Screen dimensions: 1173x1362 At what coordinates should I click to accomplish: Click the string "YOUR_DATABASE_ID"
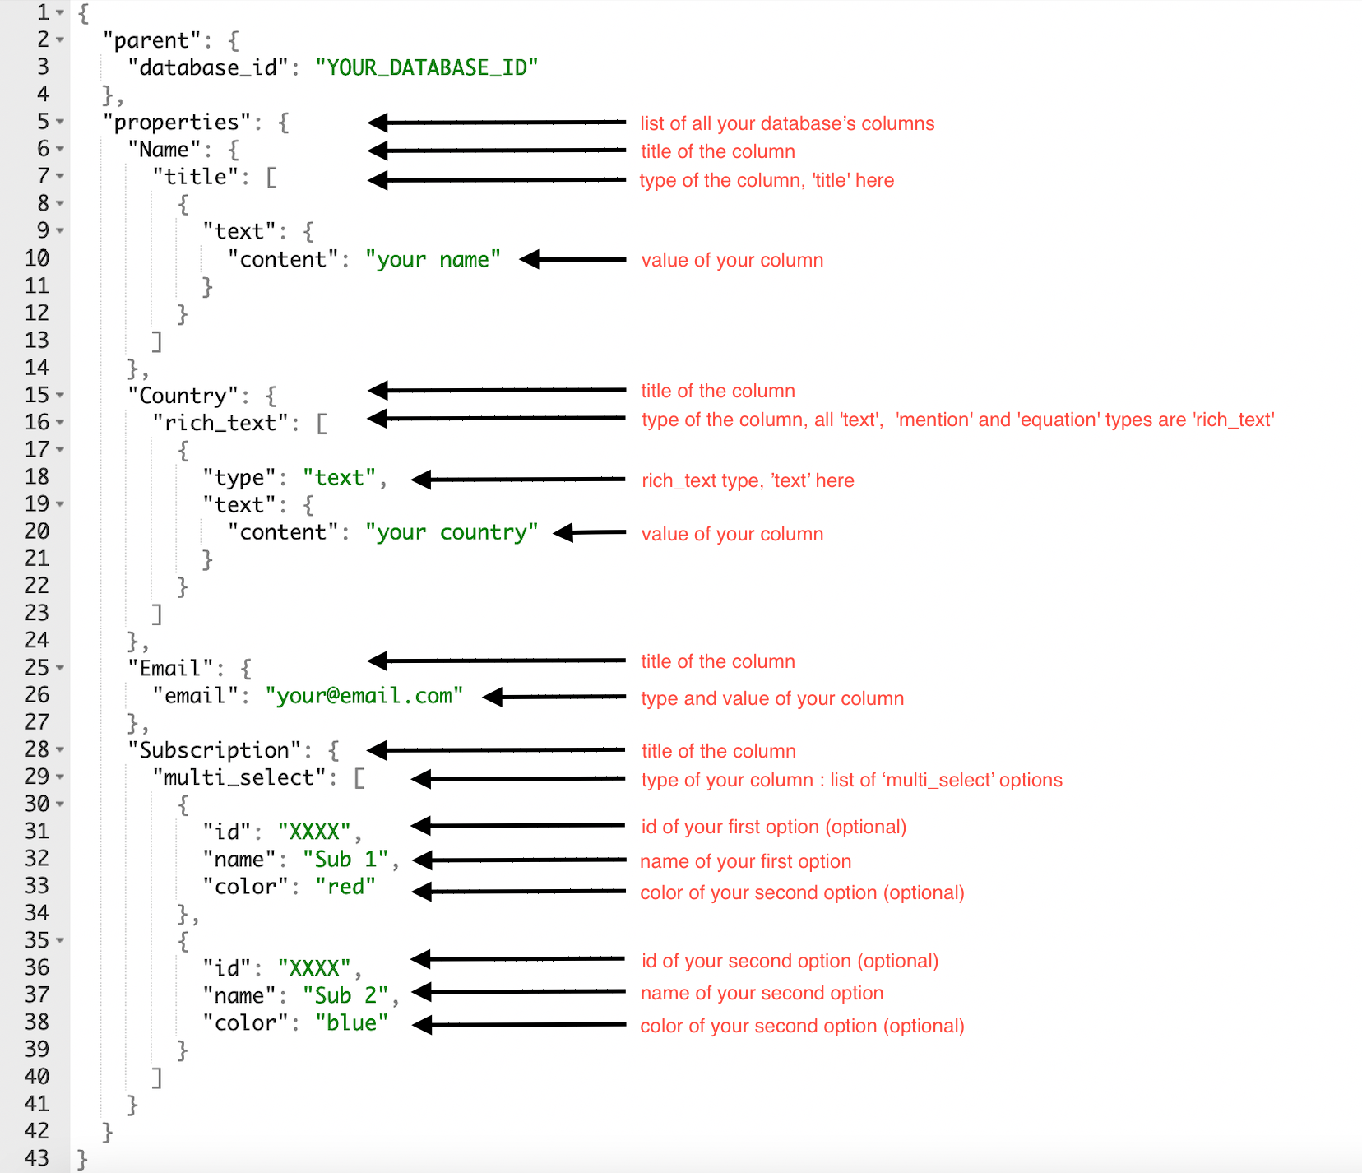click(x=426, y=67)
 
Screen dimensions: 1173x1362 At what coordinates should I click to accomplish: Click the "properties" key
click(x=175, y=123)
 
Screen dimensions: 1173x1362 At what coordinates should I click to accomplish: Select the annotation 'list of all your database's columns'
click(x=786, y=123)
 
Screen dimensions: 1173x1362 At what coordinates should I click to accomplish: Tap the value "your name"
click(x=433, y=260)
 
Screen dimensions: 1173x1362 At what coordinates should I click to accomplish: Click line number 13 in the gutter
click(x=37, y=341)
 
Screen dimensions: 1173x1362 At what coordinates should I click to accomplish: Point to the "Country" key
click(x=183, y=396)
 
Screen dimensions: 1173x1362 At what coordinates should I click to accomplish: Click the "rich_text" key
click(x=220, y=423)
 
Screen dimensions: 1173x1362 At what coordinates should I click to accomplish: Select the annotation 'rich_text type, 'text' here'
click(x=747, y=480)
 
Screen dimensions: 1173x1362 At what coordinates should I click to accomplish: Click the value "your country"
click(x=452, y=533)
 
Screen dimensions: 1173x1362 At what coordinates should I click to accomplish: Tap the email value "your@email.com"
click(x=364, y=696)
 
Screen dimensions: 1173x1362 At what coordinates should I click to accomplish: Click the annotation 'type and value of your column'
click(x=771, y=698)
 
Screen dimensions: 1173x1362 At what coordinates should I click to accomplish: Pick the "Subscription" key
click(x=214, y=750)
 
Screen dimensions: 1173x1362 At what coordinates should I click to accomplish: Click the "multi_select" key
click(x=239, y=777)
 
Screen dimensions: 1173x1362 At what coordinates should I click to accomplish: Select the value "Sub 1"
click(x=345, y=860)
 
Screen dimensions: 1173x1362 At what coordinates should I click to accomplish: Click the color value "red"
click(x=345, y=887)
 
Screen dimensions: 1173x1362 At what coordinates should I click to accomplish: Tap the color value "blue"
click(x=351, y=1023)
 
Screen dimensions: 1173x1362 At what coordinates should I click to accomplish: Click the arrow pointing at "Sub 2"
click(x=518, y=992)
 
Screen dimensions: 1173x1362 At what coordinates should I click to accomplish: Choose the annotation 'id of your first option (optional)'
click(x=773, y=827)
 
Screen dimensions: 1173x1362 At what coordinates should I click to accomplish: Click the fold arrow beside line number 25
click(x=60, y=668)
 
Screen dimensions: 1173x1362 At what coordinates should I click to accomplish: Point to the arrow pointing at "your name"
click(x=573, y=260)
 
